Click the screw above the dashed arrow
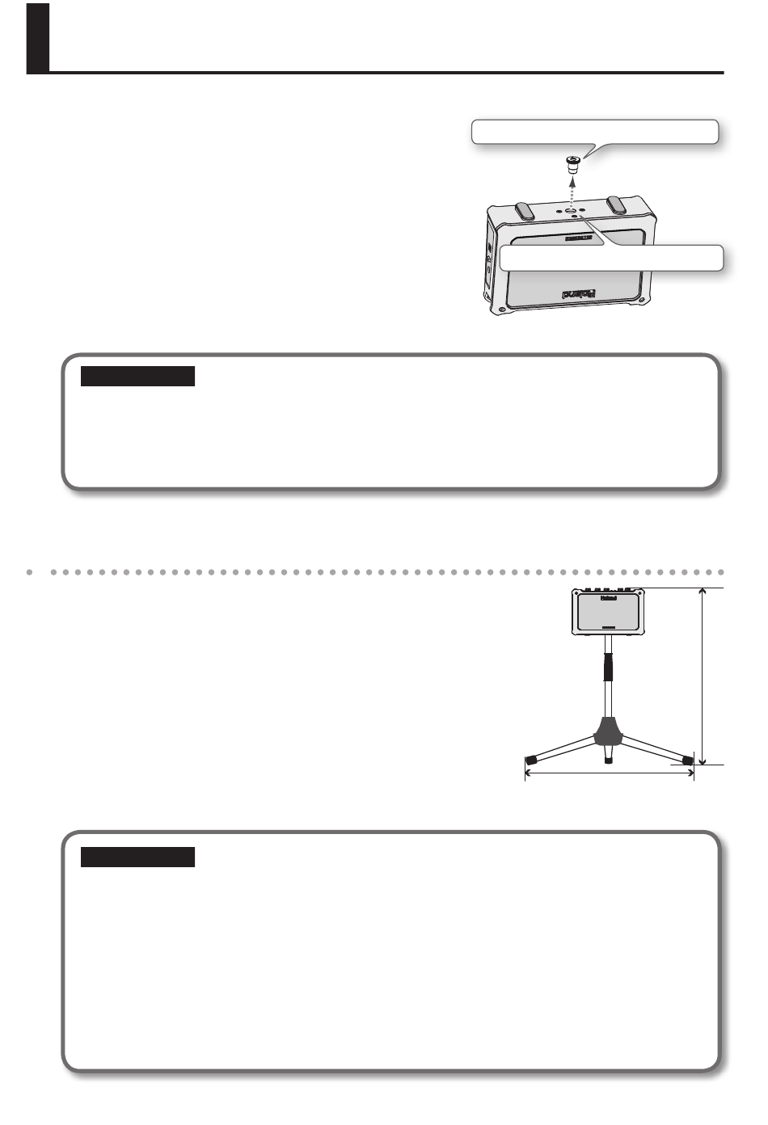[x=572, y=165]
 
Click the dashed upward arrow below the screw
[x=572, y=192]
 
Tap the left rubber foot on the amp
[x=525, y=209]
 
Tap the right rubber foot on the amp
[x=617, y=204]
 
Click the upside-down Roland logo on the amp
[x=579, y=294]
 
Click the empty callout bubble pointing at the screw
[x=594, y=132]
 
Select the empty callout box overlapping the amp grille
[x=610, y=258]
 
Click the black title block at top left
[x=38, y=38]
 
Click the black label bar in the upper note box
[x=137, y=376]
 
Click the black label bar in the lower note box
[x=137, y=857]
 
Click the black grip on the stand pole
[x=608, y=668]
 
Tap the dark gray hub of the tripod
[x=609, y=731]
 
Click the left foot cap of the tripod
[x=532, y=760]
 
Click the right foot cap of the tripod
[x=687, y=760]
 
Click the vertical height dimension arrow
[x=703, y=676]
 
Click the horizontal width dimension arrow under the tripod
[x=610, y=773]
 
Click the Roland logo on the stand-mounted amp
[x=608, y=599]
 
